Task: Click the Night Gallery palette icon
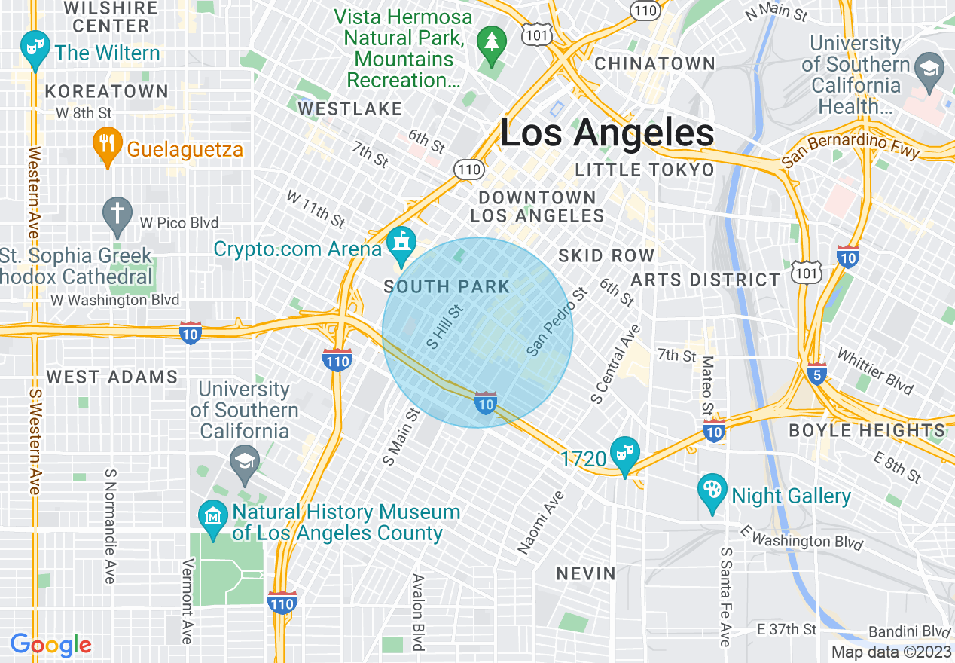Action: (712, 491)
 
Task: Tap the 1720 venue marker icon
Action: (625, 454)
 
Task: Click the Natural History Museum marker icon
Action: (213, 518)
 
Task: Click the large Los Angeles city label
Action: (607, 133)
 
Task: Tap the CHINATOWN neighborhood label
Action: (654, 63)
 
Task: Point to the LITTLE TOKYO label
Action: (644, 170)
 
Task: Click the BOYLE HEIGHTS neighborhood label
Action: (866, 431)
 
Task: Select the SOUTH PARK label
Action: (447, 286)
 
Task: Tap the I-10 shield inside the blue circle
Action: (485, 403)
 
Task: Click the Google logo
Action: (51, 646)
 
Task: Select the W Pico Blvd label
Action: (179, 223)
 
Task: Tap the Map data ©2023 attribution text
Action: (891, 652)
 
